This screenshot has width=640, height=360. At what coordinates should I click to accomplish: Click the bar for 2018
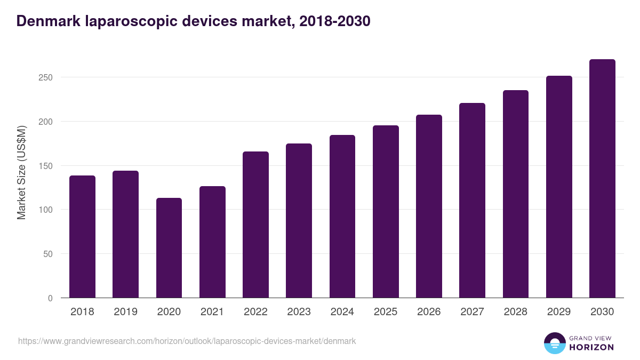pyautogui.click(x=82, y=237)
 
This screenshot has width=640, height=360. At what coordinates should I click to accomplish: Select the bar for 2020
pyautogui.click(x=169, y=248)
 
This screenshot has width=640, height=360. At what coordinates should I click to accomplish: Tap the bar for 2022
pyautogui.click(x=255, y=225)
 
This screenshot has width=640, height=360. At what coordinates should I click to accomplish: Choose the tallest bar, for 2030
pyautogui.click(x=602, y=179)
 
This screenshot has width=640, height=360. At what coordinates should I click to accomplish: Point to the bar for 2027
pyautogui.click(x=472, y=201)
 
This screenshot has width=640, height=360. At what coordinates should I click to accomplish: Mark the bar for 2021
pyautogui.click(x=212, y=242)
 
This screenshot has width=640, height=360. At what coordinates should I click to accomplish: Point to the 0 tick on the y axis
pyautogui.click(x=50, y=298)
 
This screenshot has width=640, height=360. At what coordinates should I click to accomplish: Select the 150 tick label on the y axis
pyautogui.click(x=46, y=166)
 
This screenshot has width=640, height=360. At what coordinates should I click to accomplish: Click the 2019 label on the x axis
pyautogui.click(x=125, y=312)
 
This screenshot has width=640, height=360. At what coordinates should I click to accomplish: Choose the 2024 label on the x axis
pyautogui.click(x=342, y=312)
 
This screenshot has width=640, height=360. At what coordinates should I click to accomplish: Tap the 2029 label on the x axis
pyautogui.click(x=559, y=312)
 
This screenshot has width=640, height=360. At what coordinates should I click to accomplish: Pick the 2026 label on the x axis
pyautogui.click(x=429, y=312)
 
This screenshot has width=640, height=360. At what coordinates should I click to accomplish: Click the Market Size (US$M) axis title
pyautogui.click(x=21, y=172)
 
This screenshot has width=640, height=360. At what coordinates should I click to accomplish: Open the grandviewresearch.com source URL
pyautogui.click(x=187, y=341)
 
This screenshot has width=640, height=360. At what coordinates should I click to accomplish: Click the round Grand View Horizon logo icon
pyautogui.click(x=555, y=343)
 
